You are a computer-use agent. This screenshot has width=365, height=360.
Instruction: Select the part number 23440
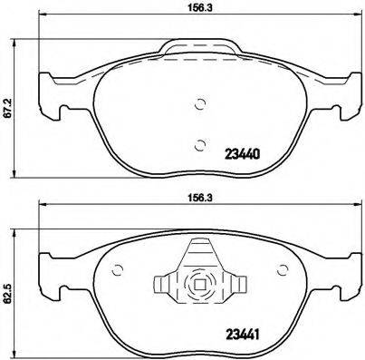click(242, 154)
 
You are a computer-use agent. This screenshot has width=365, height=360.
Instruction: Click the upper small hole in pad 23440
click(200, 103)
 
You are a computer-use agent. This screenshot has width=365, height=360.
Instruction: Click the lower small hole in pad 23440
click(200, 141)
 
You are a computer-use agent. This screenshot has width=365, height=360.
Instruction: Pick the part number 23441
click(242, 334)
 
